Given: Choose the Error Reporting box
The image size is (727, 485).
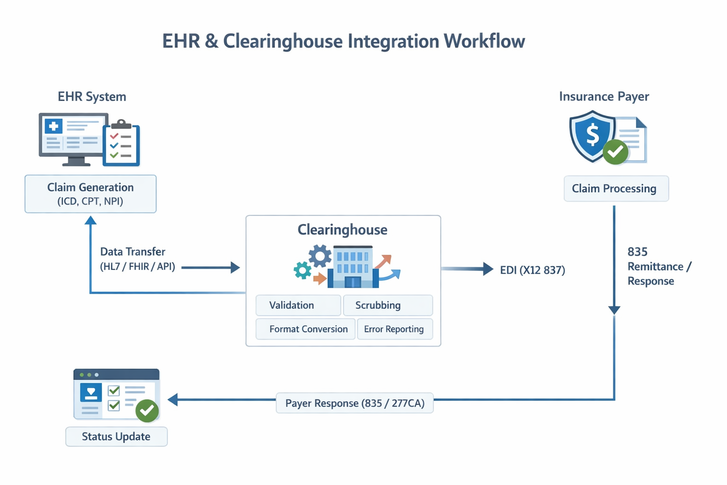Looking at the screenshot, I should point(394,329).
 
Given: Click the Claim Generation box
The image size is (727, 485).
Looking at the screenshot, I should point(90,194).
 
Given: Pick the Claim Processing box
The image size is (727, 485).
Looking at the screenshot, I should point(616,189).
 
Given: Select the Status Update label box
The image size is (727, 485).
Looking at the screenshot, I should point(116,437).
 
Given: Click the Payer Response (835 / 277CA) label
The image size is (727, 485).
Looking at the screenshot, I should point(355,403).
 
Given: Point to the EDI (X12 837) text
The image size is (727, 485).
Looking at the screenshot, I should point(532,270).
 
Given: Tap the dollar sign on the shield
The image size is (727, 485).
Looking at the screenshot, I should point(592,135).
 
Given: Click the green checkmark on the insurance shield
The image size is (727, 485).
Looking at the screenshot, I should point(615,152).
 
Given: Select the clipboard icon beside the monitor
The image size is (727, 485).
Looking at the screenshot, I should point(121,144).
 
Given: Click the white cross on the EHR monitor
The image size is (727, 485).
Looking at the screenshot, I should point(53,126).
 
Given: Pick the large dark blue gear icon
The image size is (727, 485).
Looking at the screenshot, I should point(320,256).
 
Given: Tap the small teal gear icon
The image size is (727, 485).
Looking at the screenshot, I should point(302,270).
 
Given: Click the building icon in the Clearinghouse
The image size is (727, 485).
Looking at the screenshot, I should point(353,267).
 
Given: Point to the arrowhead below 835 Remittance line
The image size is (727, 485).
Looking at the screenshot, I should point(614,310).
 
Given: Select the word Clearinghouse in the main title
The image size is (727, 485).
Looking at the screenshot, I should point(283,41).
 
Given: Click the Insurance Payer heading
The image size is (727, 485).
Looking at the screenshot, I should point(604,97).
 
